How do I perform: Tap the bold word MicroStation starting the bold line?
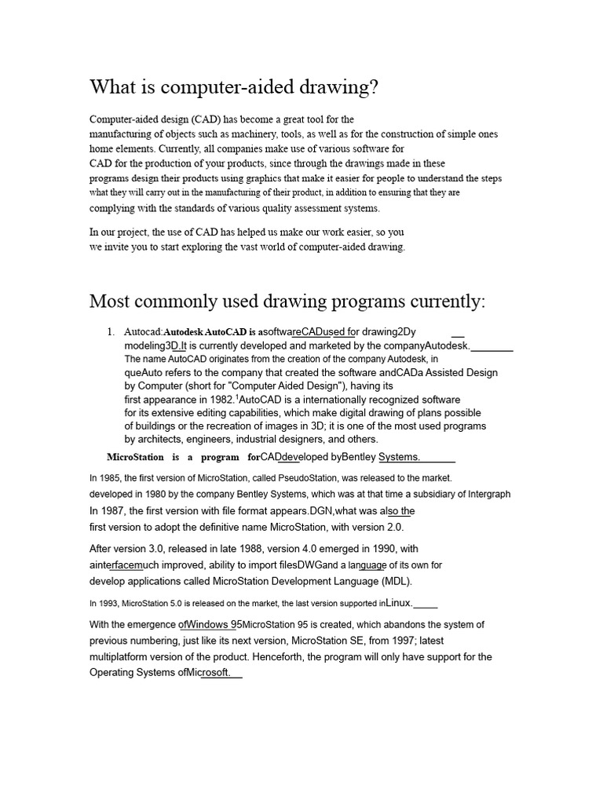(135, 457)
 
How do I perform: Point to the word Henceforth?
(331, 656)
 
